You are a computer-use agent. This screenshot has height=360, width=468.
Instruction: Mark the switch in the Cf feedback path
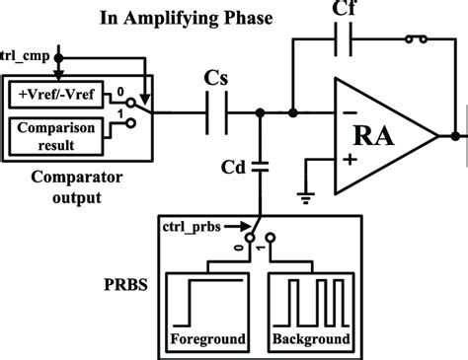[416, 40]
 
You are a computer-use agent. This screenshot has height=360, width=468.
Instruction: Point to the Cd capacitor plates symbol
[261, 166]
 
